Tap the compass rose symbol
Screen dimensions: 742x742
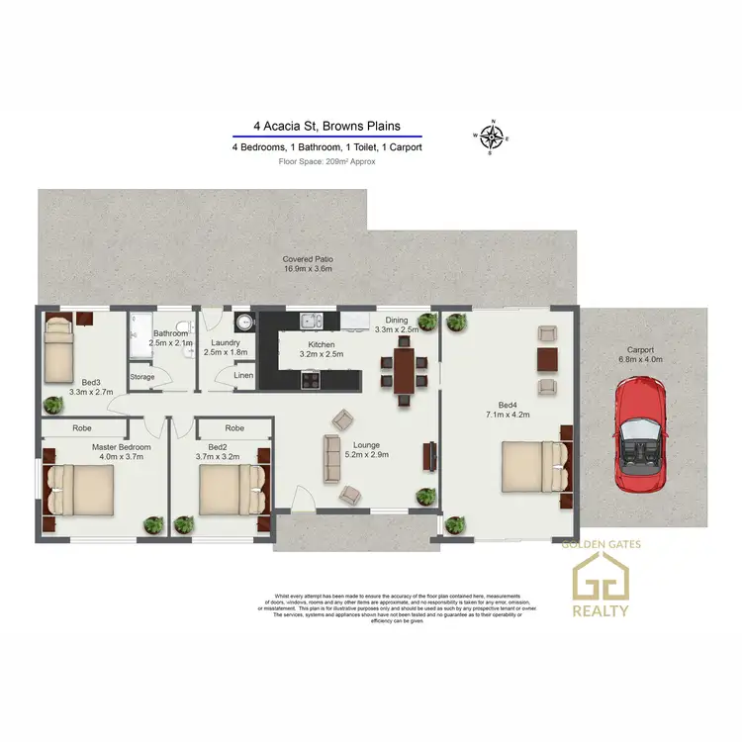point(493,137)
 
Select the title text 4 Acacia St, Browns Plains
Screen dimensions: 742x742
point(326,126)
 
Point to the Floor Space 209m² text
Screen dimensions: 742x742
point(326,160)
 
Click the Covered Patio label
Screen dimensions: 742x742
point(306,259)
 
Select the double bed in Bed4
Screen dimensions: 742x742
point(534,466)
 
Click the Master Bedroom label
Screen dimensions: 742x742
point(120,446)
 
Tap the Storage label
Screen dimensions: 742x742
point(142,377)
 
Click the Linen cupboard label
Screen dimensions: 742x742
point(243,376)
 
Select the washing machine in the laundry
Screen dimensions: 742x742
point(244,322)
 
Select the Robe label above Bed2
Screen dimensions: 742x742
point(234,428)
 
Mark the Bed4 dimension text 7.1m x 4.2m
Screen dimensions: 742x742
point(507,413)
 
